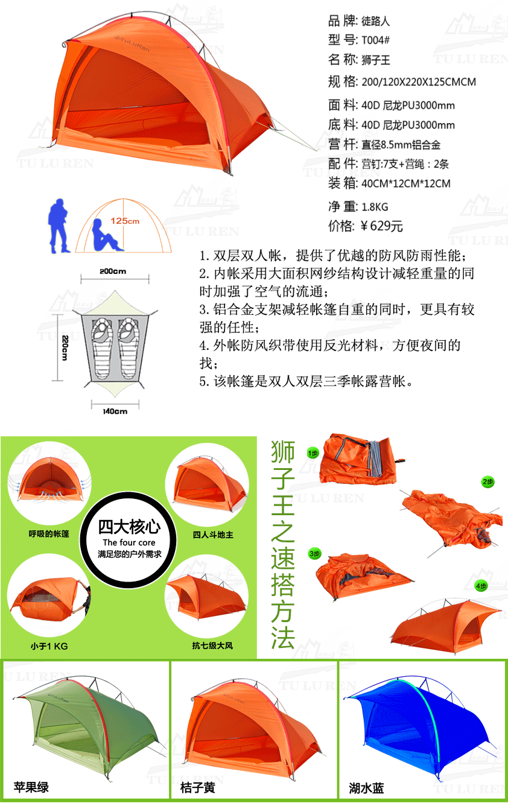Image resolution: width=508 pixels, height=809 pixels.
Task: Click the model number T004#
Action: coord(375,40)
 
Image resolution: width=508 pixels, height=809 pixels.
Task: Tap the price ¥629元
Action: coord(381,226)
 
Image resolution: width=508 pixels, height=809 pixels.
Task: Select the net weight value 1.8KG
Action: coord(375,207)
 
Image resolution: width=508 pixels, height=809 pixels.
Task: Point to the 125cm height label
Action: coord(125,221)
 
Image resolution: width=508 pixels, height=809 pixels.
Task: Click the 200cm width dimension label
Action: coord(113,271)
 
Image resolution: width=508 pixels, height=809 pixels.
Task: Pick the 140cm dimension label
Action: coord(115,411)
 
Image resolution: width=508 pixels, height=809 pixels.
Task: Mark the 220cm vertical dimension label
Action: coord(65,347)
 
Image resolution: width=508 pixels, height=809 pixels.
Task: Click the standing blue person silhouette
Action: coord(58,226)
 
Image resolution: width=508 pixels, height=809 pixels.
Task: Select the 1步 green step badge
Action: coord(313,453)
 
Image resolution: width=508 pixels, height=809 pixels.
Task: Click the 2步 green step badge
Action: coord(487,482)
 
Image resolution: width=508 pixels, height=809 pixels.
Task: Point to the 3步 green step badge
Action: coord(315,554)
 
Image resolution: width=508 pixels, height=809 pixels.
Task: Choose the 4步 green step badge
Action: coord(481,586)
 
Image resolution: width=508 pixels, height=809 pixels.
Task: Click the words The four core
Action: coord(129,542)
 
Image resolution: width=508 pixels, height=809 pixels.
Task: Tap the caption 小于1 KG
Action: coord(49,646)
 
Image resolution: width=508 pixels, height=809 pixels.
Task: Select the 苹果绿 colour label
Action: coord(31,787)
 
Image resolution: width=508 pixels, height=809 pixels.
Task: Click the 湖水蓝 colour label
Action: coord(366,788)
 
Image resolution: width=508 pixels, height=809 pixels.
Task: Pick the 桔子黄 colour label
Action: coord(198,787)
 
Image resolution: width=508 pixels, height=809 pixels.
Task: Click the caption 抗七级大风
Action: coord(212,646)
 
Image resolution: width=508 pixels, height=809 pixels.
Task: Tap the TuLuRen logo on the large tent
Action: coord(132,43)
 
